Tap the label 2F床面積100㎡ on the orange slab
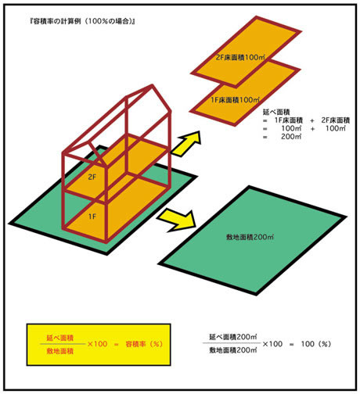(240, 57)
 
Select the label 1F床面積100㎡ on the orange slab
(235, 100)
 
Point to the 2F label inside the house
(92, 177)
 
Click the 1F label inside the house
(92, 217)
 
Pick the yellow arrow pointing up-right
(187, 143)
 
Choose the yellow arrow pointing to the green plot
(178, 220)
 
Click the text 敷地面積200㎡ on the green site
(250, 237)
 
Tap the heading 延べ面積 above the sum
(276, 112)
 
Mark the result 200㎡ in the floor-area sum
(291, 136)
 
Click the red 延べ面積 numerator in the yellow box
(59, 338)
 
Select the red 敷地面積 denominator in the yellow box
(59, 351)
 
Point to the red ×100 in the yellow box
(97, 344)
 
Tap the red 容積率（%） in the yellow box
(144, 344)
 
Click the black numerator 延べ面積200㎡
(233, 337)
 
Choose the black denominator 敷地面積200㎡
(233, 350)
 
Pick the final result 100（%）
(315, 344)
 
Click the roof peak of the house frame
(152, 85)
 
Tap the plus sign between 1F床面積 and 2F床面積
(312, 120)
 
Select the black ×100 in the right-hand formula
(272, 344)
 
